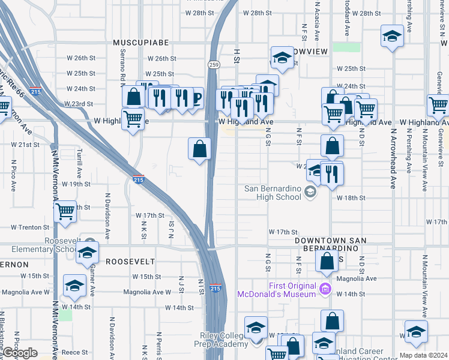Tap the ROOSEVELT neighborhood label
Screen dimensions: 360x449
click(x=130, y=262)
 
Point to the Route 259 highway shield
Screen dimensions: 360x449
click(x=213, y=64)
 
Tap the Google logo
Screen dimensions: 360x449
click(x=19, y=353)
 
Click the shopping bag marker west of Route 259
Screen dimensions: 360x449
click(x=200, y=149)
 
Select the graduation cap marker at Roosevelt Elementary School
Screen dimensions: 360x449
click(x=87, y=253)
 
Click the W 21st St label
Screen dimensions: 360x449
click(x=25, y=145)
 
